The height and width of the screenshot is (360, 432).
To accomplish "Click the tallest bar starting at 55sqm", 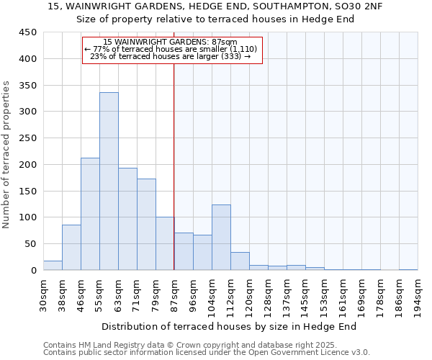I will [x=109, y=181].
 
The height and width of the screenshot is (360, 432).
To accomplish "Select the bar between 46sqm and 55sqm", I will [x=90, y=214].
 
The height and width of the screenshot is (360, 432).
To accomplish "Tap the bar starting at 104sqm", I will [x=221, y=238].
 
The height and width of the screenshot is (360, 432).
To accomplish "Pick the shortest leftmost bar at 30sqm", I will [x=53, y=266].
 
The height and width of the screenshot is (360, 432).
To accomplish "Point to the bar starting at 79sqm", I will [x=165, y=243].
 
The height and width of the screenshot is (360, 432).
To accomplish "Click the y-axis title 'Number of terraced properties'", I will [x=7, y=154].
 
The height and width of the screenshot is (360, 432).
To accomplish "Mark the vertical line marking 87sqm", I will [x=174, y=166].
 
